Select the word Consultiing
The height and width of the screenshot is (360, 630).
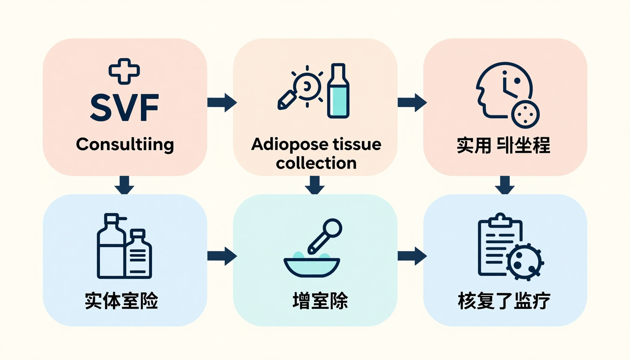pyautogui.click(x=125, y=144)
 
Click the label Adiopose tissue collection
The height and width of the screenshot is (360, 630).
pyautogui.click(x=316, y=153)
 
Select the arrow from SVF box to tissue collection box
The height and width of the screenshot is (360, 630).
pyautogui.click(x=222, y=103)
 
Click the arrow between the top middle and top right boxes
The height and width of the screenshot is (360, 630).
pyautogui.click(x=412, y=103)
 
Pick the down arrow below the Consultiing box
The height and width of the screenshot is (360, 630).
pyautogui.click(x=125, y=185)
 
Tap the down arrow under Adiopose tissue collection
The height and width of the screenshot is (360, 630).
pyautogui.click(x=315, y=185)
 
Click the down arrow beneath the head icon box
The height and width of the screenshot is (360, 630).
pyautogui.click(x=505, y=185)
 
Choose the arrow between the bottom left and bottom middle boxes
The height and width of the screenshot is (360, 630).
pyautogui.click(x=222, y=256)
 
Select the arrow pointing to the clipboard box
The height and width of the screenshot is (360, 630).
pyautogui.click(x=412, y=256)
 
